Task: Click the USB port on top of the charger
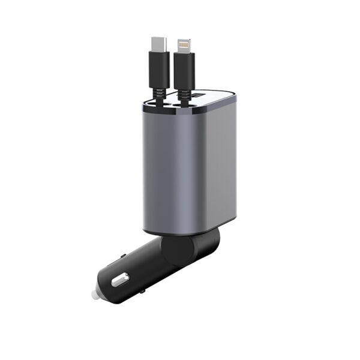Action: [200, 95]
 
